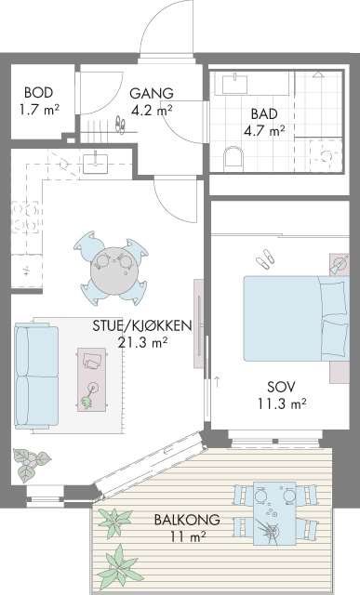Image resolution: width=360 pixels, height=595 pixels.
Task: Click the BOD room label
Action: (38, 92)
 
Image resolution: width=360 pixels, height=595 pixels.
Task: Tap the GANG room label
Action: (152, 93)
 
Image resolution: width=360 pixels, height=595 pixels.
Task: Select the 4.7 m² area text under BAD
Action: (264, 131)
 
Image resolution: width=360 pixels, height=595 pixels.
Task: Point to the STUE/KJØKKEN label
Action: (142, 325)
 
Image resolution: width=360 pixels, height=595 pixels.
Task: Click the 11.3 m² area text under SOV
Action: (282, 403)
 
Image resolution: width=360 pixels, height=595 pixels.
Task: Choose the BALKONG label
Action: (187, 519)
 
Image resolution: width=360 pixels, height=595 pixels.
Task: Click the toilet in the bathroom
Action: (233, 158)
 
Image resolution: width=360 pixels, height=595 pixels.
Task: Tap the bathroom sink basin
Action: (234, 84)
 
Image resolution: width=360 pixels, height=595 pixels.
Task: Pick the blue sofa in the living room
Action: (36, 376)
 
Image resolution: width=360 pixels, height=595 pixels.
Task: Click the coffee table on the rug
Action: (92, 379)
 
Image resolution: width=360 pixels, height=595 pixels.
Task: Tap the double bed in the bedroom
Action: (296, 318)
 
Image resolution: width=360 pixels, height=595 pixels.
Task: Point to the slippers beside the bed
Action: (265, 258)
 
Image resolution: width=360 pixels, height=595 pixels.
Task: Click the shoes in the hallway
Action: (120, 125)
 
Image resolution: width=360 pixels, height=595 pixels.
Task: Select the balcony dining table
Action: (274, 513)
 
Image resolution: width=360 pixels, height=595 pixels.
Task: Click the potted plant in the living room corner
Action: (31, 464)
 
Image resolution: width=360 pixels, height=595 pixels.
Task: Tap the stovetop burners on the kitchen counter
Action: (26, 217)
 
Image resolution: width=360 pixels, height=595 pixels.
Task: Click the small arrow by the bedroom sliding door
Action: (217, 382)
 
